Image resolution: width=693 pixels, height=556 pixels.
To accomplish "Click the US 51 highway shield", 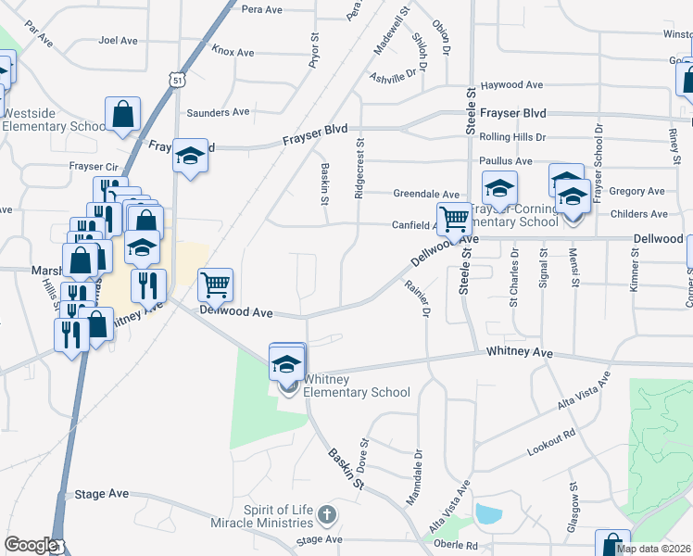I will tap(176, 82).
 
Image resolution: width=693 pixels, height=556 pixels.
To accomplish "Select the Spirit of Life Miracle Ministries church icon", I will tap(326, 513).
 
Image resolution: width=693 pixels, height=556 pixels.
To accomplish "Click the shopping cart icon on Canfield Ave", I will tap(454, 219).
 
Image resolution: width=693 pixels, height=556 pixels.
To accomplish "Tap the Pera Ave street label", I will tap(261, 9).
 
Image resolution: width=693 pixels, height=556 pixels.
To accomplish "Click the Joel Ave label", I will tap(119, 41).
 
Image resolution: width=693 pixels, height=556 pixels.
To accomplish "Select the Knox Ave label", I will tap(233, 52).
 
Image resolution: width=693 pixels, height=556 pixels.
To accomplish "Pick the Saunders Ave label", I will tap(218, 113).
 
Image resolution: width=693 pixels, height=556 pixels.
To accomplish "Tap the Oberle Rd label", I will tap(459, 546).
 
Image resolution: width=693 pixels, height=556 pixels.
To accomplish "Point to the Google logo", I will tap(30, 545).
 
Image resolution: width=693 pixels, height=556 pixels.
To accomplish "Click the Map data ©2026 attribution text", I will tap(653, 549).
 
